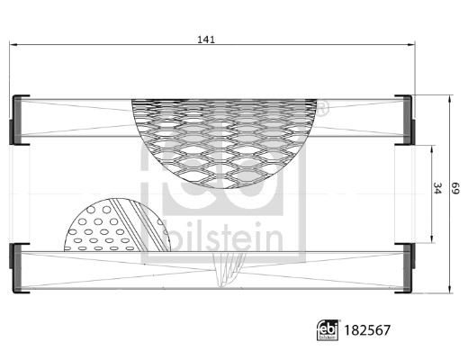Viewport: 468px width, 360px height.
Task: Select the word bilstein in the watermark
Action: (212, 237)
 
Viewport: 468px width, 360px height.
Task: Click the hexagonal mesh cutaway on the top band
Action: (225, 135)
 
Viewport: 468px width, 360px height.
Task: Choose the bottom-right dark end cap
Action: (406, 267)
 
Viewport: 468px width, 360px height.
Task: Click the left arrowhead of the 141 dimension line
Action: (13, 46)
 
